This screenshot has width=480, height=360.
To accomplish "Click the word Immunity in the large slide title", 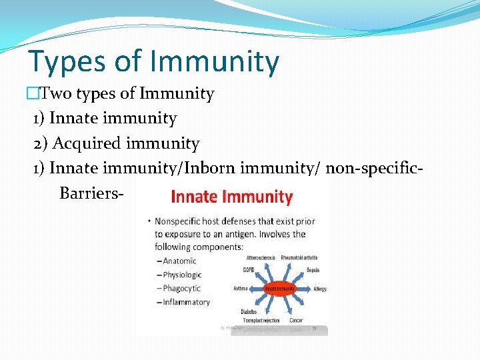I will pos(215,62).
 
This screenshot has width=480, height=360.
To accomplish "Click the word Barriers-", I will pos(91,193).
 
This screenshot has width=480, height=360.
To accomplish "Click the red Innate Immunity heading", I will pos(231,197).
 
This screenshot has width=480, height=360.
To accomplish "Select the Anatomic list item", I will pos(179,261).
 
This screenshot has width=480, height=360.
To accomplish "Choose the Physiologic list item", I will pos(181,275).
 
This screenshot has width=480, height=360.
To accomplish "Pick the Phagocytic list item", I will pos(181,289).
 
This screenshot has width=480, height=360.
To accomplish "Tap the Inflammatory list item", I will pos(185,302).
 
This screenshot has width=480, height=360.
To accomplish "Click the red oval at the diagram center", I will pos(280,289).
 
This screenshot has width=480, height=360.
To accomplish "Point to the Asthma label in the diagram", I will pos(241,289).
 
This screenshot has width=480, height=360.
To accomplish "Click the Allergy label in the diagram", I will pos(320,289).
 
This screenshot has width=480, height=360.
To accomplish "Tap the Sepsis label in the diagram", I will pos(313,270).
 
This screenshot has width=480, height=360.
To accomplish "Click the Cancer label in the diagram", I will pos(296,320).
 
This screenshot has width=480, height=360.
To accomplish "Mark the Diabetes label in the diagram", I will pos(249,311).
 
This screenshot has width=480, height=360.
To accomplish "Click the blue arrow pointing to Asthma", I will pos(257,289).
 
